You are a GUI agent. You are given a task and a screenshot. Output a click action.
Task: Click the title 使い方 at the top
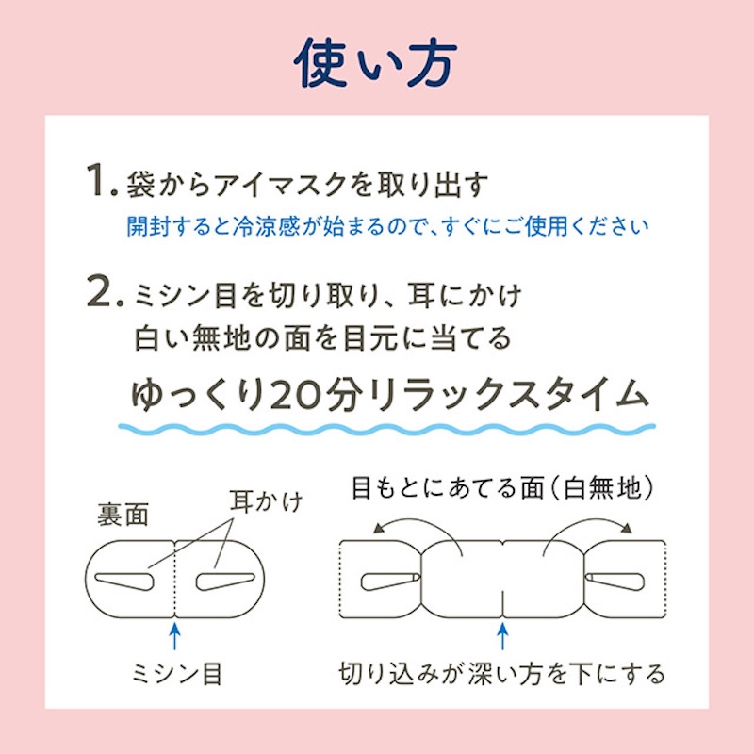click(375, 63)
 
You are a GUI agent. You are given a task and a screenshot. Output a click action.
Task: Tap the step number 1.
click(102, 180)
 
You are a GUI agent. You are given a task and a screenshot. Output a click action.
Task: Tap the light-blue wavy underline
click(387, 428)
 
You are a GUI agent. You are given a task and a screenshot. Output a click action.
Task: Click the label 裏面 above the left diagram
click(123, 515)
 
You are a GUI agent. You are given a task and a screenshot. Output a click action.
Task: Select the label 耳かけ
click(266, 501)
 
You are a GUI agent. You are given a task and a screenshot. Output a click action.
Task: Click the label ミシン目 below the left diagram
click(176, 673)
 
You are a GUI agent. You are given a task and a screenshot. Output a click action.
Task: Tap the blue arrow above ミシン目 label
click(175, 636)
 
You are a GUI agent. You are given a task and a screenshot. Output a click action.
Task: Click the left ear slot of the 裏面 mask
click(124, 582)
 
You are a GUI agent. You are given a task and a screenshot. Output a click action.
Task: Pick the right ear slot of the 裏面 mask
click(225, 582)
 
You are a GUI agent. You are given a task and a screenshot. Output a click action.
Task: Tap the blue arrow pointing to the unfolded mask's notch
click(502, 636)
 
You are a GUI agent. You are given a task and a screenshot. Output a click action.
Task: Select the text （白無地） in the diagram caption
click(603, 488)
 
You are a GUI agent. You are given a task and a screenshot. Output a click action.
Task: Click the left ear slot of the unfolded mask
click(390, 581)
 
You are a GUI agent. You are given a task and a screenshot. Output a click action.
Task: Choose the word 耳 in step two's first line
click(421, 295)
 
